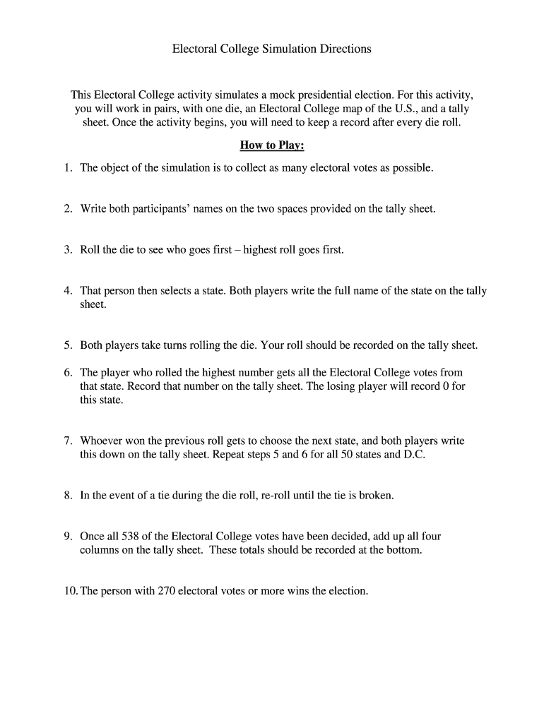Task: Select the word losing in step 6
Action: coord(344,386)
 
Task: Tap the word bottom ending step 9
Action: coord(403,550)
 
